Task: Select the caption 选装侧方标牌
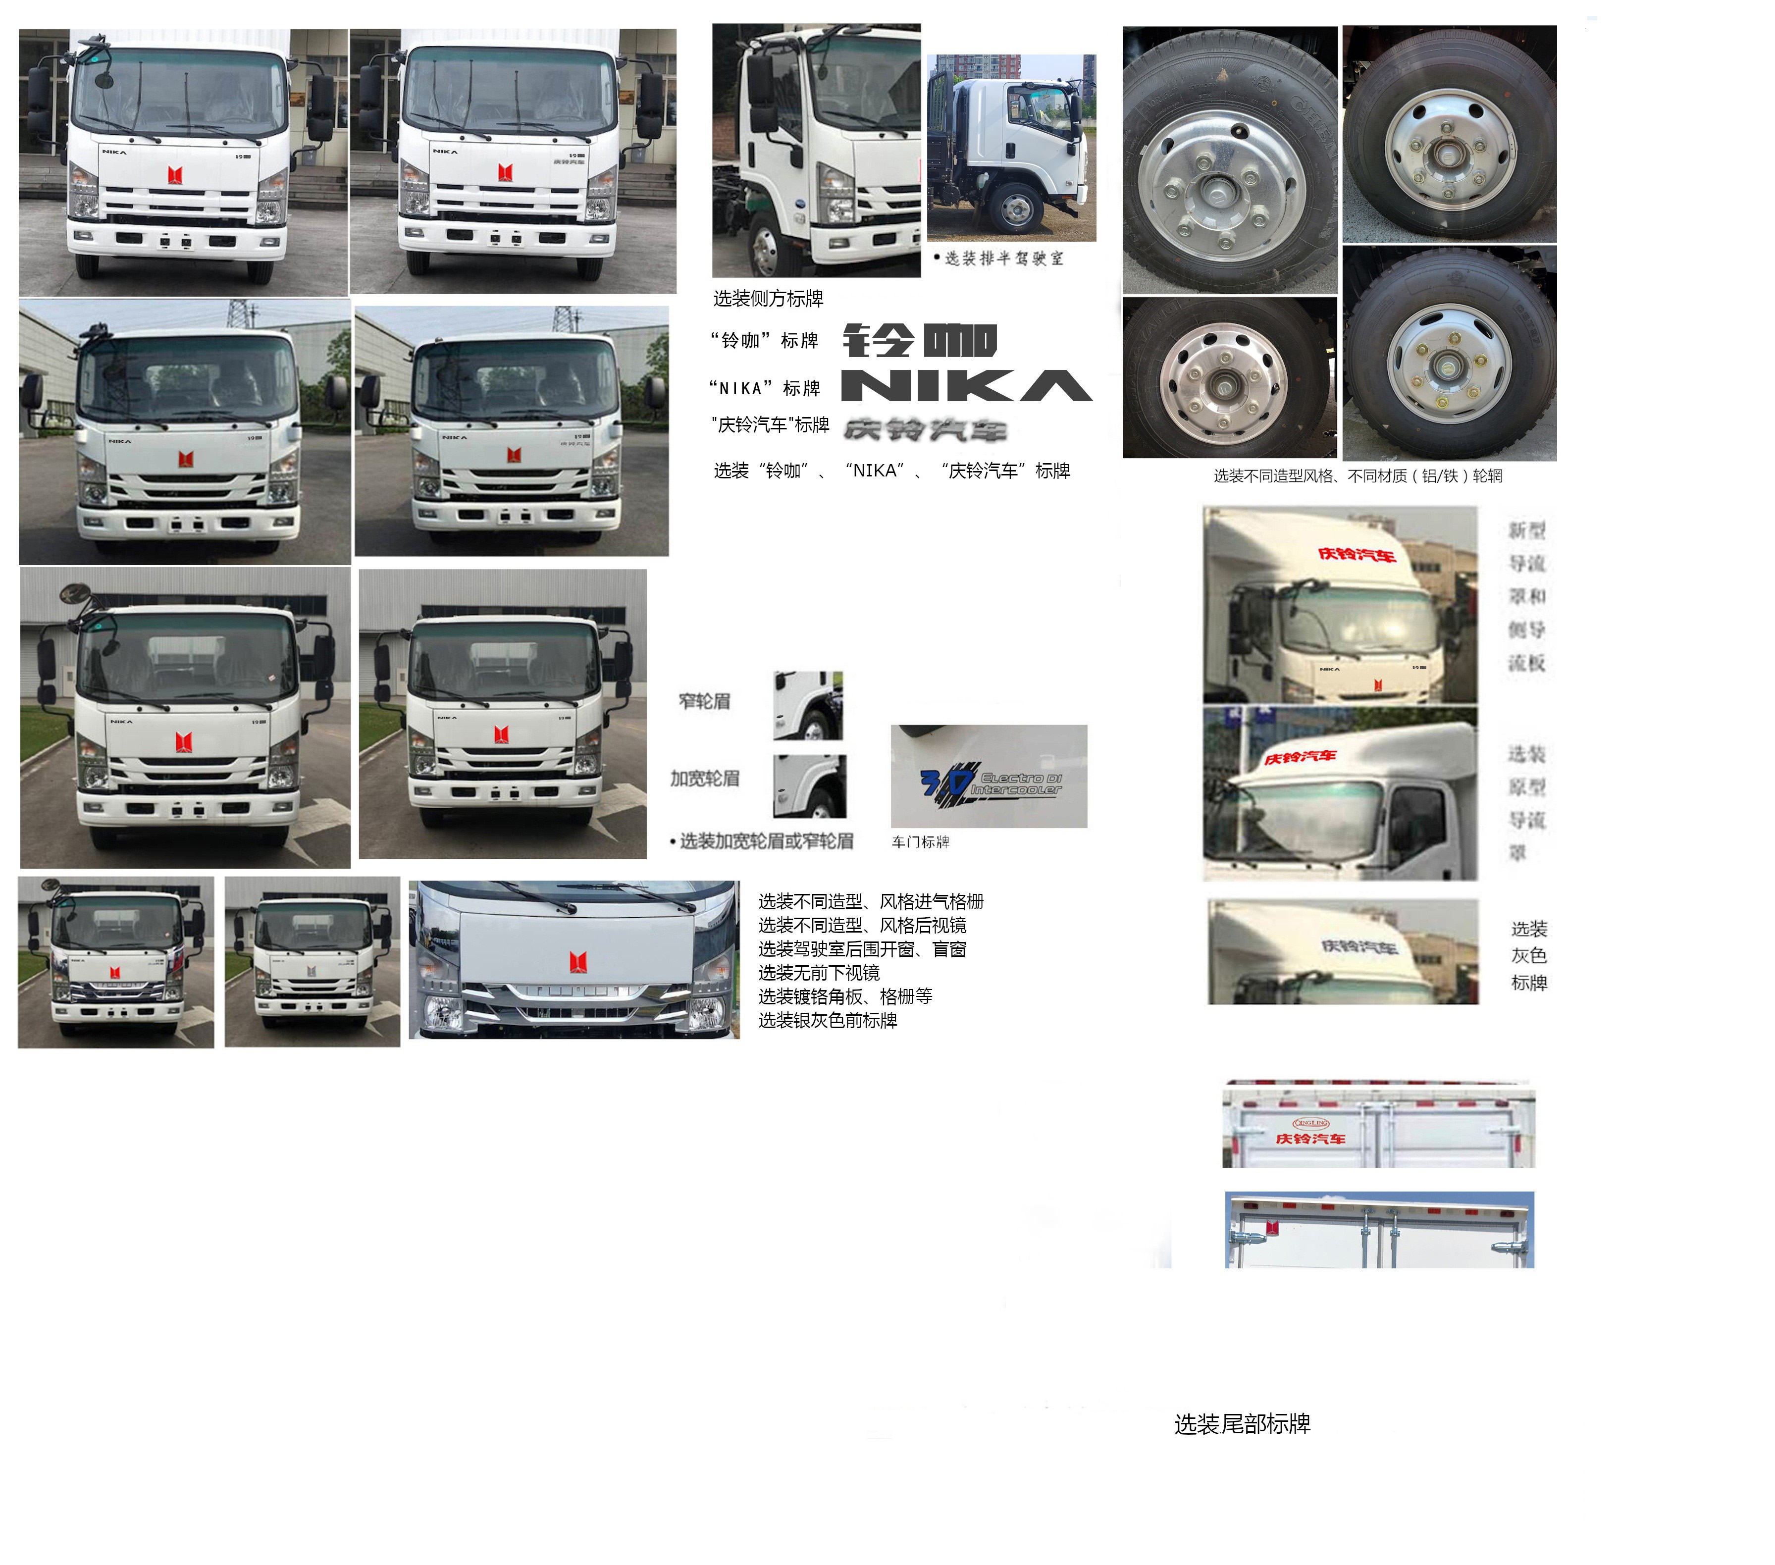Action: pyautogui.click(x=768, y=299)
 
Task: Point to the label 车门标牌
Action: pyautogui.click(x=921, y=841)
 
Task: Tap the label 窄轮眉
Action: pyautogui.click(x=704, y=701)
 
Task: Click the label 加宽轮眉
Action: pyautogui.click(x=704, y=778)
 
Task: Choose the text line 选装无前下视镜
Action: pyautogui.click(x=818, y=973)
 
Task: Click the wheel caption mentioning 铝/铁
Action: pyautogui.click(x=1357, y=476)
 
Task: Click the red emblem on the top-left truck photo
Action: pyautogui.click(x=175, y=174)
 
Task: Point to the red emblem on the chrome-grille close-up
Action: pyautogui.click(x=578, y=961)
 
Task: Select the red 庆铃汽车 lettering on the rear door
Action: pyautogui.click(x=1309, y=1139)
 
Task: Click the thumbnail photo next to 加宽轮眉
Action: pyautogui.click(x=809, y=786)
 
